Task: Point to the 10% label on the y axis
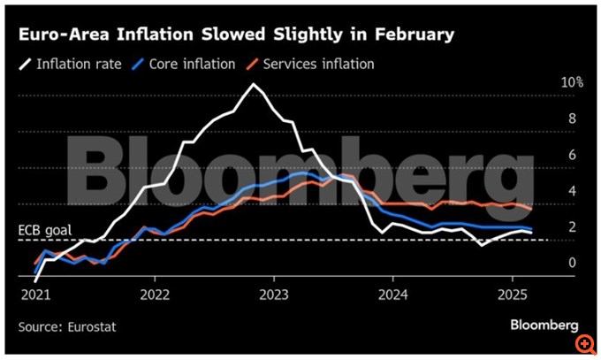[572, 82]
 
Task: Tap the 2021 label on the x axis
[34, 293]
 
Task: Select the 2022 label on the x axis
[155, 293]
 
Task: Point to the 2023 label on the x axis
[274, 293]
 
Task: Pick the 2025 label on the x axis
[513, 293]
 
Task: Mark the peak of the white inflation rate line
[255, 85]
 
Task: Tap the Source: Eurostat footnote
[67, 326]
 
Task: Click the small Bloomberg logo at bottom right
[543, 326]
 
